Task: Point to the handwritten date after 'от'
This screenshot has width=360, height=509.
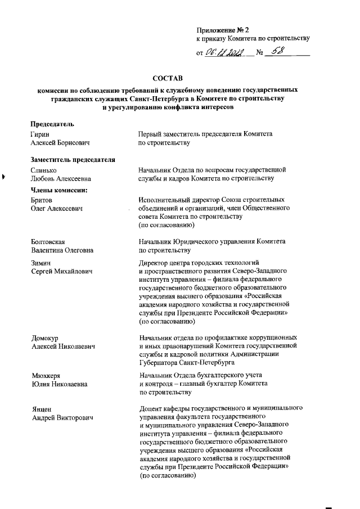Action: point(227,53)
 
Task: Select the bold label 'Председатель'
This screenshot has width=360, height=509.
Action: point(52,124)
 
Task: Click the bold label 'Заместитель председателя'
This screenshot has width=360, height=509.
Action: point(73,159)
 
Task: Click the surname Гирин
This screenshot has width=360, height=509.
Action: point(39,134)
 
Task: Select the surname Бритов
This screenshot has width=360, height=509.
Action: point(42,200)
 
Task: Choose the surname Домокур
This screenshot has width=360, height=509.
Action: point(45,337)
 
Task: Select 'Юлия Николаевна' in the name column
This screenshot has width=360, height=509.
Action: point(59,384)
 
